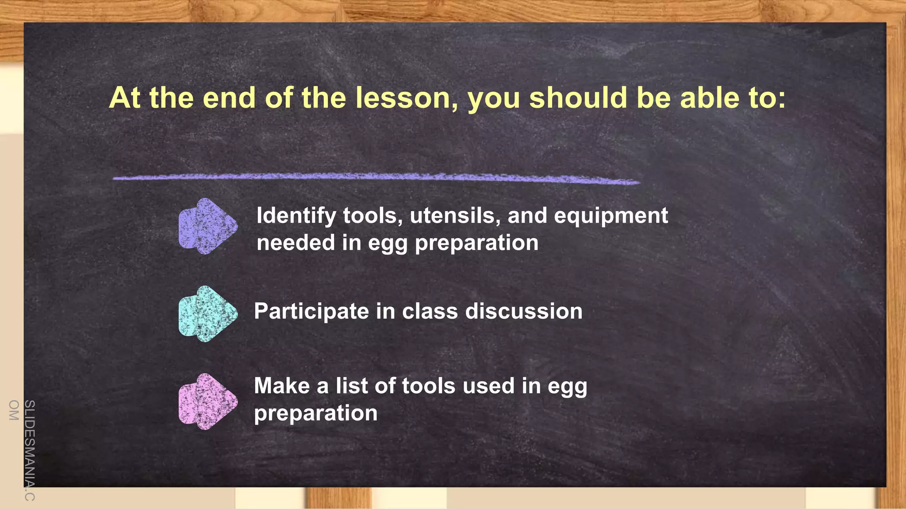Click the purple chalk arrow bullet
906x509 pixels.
point(207,226)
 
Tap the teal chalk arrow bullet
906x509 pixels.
point(207,314)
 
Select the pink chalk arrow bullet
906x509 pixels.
point(207,402)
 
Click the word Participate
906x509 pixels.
point(311,312)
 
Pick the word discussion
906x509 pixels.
point(524,311)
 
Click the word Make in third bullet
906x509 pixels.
point(281,386)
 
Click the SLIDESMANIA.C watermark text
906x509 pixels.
point(29,450)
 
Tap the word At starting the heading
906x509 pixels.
point(125,98)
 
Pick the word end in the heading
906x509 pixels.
point(229,98)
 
